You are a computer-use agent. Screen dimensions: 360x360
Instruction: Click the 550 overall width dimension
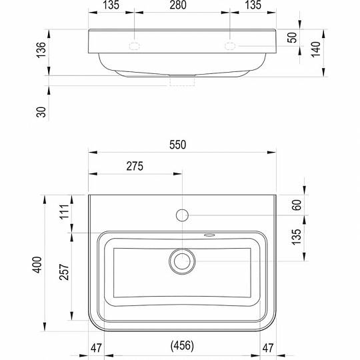pyautogui.click(x=178, y=145)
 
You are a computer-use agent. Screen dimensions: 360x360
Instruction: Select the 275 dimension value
pyautogui.click(x=135, y=166)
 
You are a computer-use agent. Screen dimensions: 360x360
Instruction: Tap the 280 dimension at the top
pyautogui.click(x=178, y=5)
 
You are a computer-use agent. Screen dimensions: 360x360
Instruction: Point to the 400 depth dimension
pyautogui.click(x=37, y=265)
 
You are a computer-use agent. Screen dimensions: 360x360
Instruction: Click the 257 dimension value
pyautogui.click(x=64, y=272)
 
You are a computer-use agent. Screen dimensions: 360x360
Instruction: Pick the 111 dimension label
pyautogui.click(x=65, y=211)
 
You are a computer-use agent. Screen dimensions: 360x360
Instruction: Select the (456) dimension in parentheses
pyautogui.click(x=182, y=345)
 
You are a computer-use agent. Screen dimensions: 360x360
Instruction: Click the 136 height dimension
pyautogui.click(x=41, y=50)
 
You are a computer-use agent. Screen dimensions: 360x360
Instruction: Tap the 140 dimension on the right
pyautogui.click(x=316, y=49)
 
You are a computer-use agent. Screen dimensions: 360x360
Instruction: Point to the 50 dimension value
pyautogui.click(x=292, y=37)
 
